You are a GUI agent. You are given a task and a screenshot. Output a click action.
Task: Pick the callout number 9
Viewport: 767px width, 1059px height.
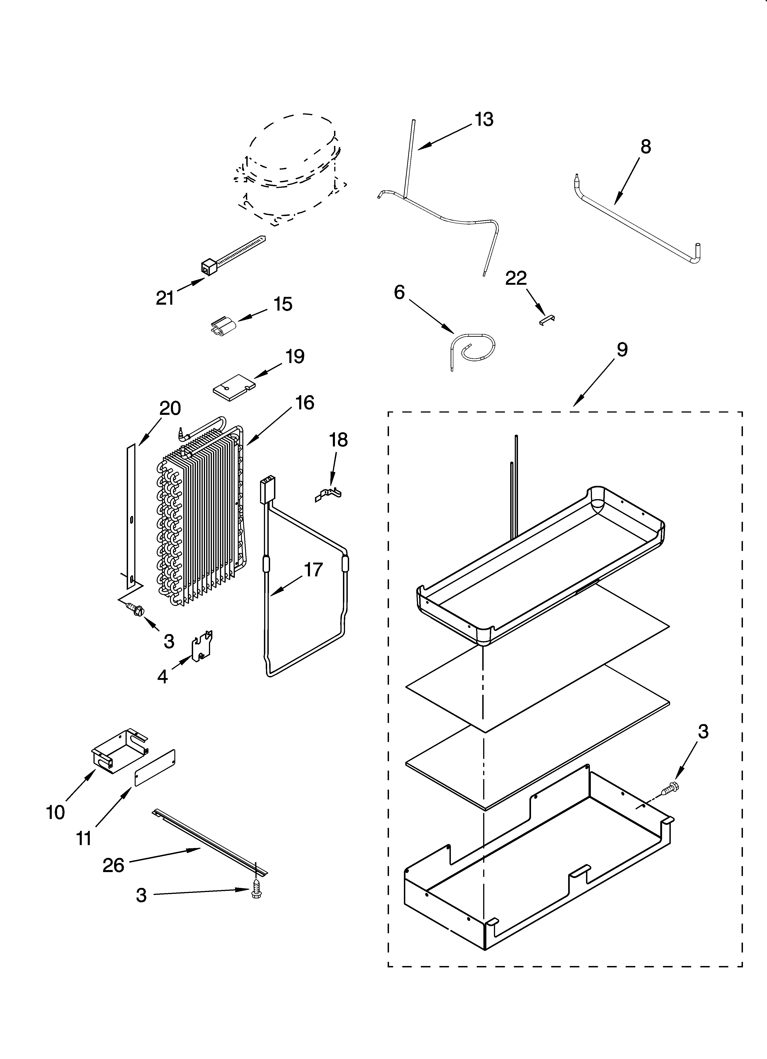tap(622, 349)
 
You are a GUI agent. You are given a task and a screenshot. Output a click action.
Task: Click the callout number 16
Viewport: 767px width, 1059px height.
tap(304, 402)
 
